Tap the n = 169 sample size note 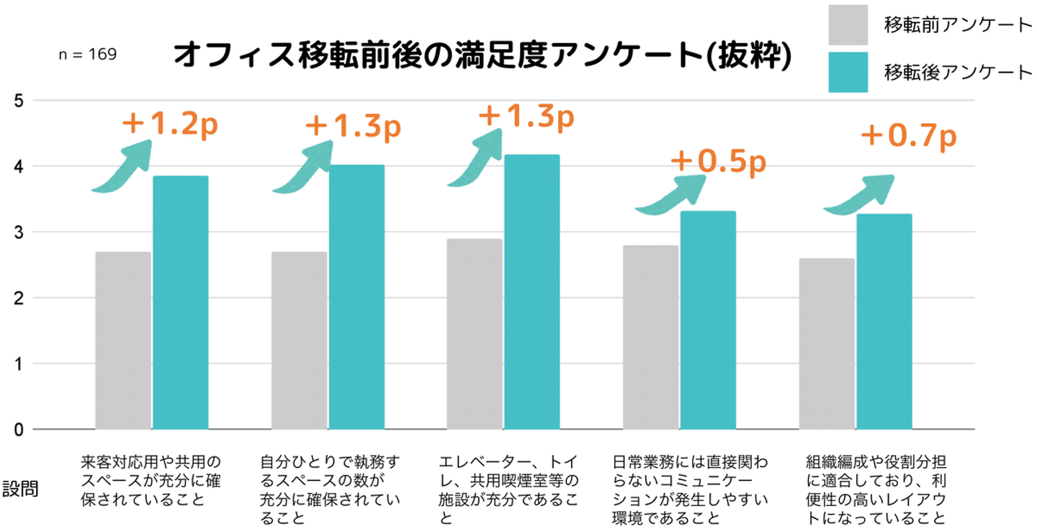click(87, 55)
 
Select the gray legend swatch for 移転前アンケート click(848, 25)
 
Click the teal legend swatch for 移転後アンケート click(848, 72)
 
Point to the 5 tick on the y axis click(19, 101)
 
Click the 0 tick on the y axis click(19, 430)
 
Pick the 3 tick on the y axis click(19, 233)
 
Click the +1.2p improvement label click(169, 125)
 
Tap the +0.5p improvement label click(717, 162)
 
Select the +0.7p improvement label click(908, 136)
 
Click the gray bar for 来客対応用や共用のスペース click(122, 340)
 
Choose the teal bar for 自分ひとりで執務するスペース click(356, 297)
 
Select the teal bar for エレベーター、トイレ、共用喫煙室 click(531, 292)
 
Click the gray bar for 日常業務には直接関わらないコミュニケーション click(650, 337)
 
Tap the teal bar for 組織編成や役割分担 click(884, 321)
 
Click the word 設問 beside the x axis click(20, 490)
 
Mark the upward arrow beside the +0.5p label click(669, 195)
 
